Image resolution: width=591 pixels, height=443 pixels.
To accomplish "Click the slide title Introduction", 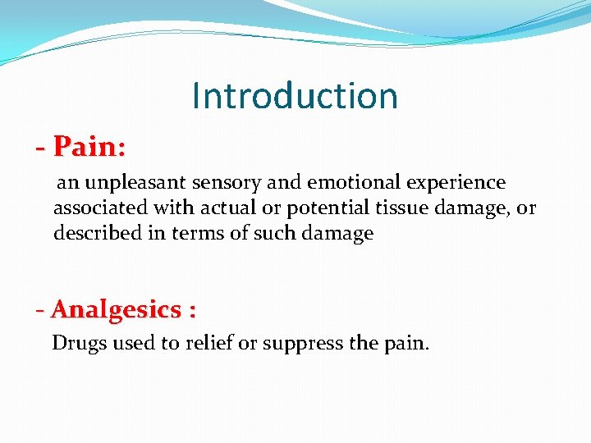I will click(x=295, y=96).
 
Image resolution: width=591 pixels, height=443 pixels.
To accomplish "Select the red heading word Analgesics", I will click(x=116, y=310).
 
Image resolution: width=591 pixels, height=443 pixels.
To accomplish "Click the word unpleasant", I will click(x=135, y=183).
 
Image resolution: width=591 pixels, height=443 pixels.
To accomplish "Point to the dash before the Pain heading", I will click(x=41, y=148).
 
